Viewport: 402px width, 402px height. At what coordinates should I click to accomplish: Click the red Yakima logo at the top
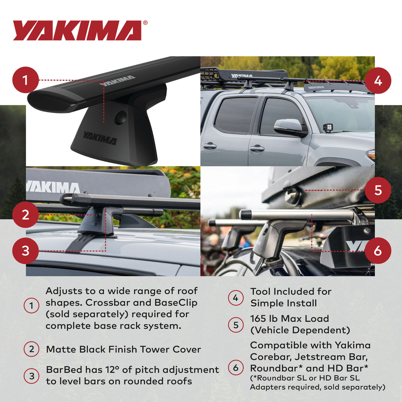(x=77, y=31)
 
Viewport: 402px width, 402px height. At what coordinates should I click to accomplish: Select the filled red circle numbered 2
(x=25, y=215)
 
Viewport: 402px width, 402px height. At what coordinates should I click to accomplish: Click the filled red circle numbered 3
(x=25, y=251)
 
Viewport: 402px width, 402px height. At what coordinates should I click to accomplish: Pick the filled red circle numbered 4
(x=378, y=80)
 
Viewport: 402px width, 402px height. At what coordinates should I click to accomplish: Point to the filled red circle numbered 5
(x=378, y=190)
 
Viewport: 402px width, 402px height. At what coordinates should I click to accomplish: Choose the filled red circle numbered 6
(x=378, y=251)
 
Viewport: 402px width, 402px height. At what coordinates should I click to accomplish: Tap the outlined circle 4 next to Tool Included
(x=236, y=298)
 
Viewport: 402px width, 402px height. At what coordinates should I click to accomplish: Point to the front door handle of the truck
(x=257, y=149)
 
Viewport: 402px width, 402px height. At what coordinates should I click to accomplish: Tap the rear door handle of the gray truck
(x=210, y=146)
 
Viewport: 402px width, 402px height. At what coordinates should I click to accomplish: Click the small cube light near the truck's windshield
(x=328, y=128)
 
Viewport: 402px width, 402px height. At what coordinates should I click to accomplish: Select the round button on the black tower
(x=120, y=118)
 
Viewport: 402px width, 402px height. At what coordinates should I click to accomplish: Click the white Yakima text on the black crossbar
(x=117, y=80)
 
